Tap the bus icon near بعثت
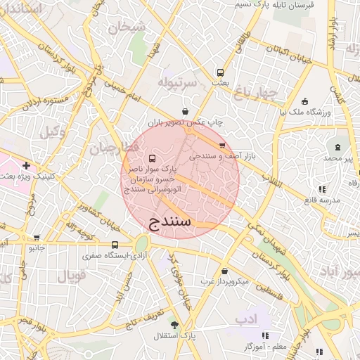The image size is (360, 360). [220, 72]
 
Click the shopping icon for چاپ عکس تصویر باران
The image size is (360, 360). [185, 110]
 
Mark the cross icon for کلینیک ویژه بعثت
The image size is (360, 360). [26, 166]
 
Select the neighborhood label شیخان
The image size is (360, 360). [126, 28]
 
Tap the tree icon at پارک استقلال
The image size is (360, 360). [175, 326]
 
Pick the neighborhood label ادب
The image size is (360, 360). [246, 319]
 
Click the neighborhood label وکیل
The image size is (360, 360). [52, 131]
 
